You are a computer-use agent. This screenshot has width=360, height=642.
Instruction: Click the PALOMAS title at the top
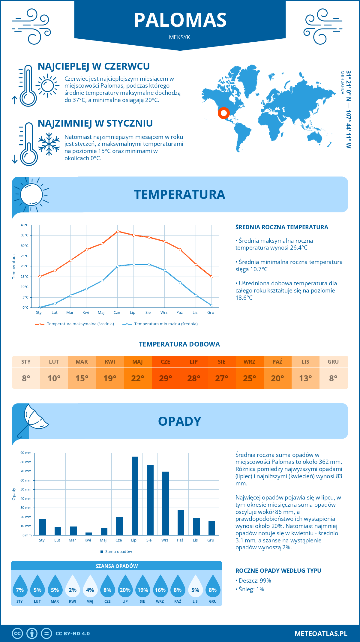(180, 20)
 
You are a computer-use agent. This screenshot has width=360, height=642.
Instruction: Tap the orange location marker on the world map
(223, 113)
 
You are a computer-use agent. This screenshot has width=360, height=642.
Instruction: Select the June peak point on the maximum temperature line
(118, 231)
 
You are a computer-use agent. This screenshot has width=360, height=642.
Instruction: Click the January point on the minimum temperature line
(40, 307)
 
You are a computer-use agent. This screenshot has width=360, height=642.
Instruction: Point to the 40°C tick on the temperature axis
(25, 225)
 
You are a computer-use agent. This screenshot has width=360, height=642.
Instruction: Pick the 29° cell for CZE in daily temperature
(166, 378)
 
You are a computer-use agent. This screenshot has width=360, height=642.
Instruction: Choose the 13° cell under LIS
(305, 378)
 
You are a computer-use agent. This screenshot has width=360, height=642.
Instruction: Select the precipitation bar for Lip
(135, 496)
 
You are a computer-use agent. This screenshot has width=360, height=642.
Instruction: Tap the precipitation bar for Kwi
(89, 534)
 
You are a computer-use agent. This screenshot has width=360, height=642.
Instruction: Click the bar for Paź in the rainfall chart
(181, 522)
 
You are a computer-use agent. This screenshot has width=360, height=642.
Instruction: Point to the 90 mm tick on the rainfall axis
(26, 453)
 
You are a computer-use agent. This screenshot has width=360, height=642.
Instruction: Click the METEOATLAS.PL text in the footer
(321, 634)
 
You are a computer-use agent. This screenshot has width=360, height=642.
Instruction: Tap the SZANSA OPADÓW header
(117, 566)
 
